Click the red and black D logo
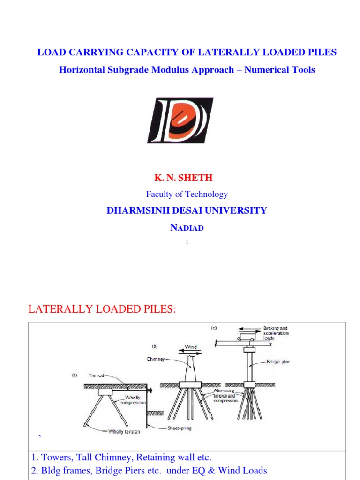point(180,120)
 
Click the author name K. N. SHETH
point(183,178)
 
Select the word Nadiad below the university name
point(187,228)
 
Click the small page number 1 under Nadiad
point(187,242)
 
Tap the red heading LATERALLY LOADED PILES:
point(102,309)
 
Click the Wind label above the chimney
point(191,347)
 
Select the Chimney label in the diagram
point(155,360)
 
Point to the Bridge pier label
point(278,362)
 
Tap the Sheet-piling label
point(180,428)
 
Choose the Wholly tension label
point(124,432)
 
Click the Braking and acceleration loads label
point(276,333)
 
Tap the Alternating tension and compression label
point(225,396)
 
